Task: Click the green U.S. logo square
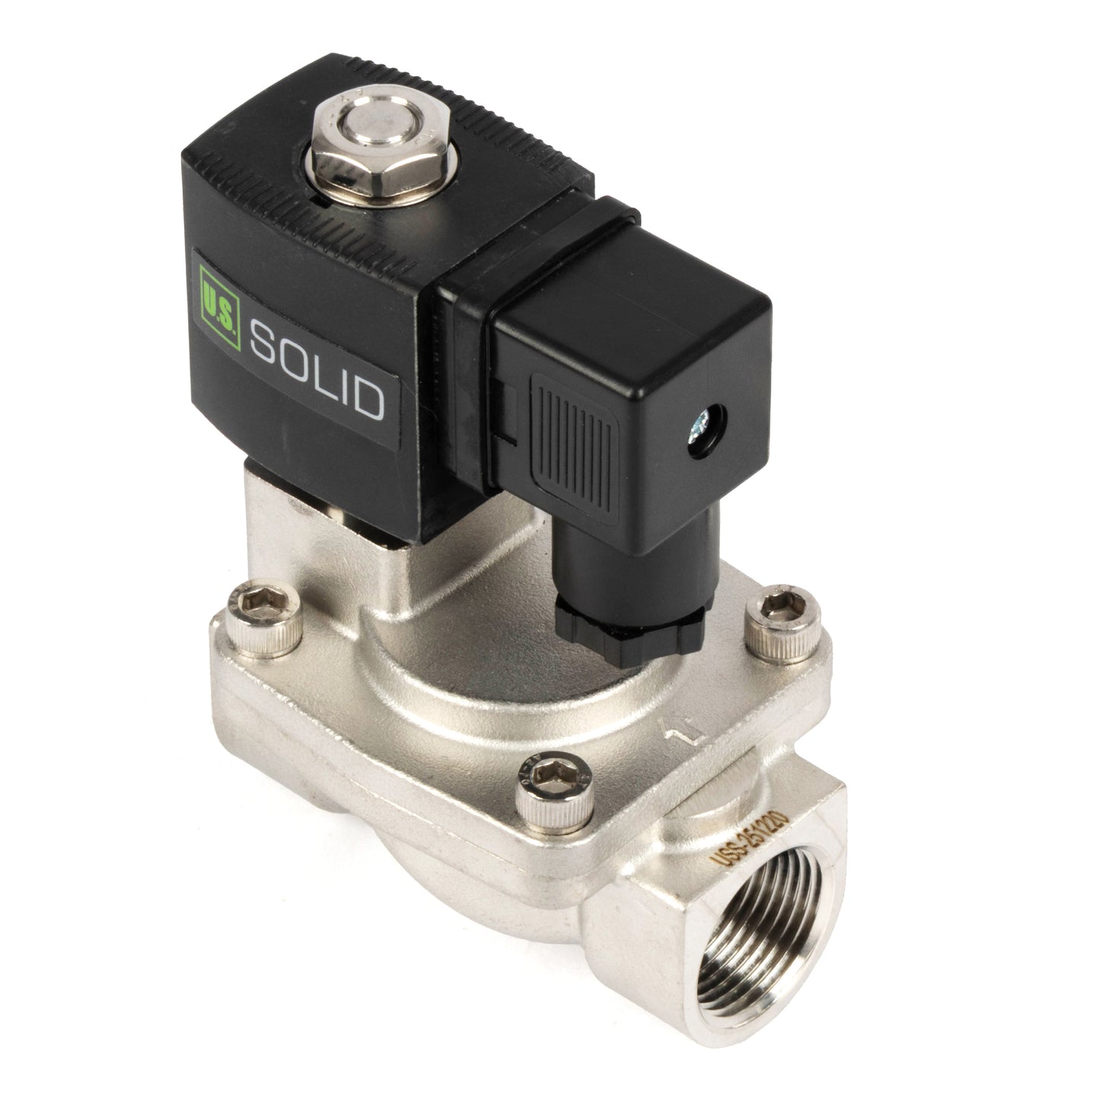[x=219, y=307]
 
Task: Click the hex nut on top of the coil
[x=378, y=147]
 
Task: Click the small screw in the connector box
[x=700, y=424]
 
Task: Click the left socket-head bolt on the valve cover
[x=264, y=617]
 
